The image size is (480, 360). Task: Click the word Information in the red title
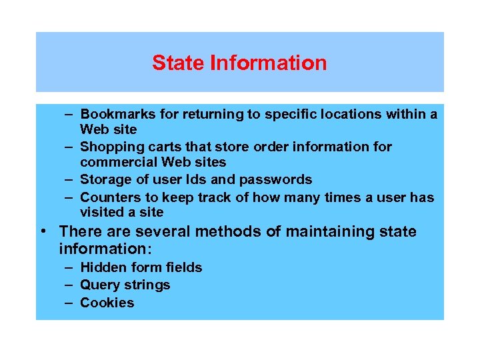[x=268, y=63]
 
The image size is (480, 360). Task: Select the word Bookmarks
[x=117, y=115]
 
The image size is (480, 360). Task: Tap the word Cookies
[x=107, y=303]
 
